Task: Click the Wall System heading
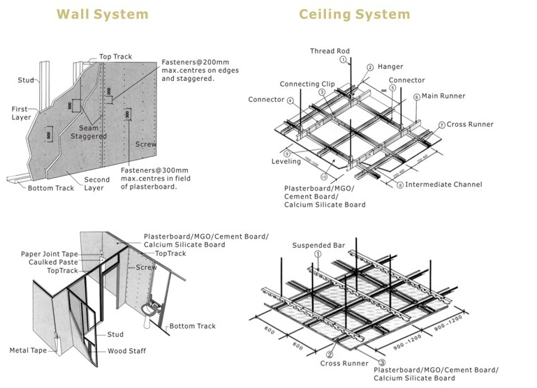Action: (102, 14)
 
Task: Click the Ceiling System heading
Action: (355, 14)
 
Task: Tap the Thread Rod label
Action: (330, 52)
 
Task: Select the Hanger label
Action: (390, 67)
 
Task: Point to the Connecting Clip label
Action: (307, 84)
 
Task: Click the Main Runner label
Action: (443, 96)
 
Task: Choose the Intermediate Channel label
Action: (443, 185)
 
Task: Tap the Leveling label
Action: (286, 162)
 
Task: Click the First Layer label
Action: (21, 113)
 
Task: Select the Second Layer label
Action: (97, 184)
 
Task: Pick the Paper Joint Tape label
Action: (50, 254)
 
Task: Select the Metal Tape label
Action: (28, 350)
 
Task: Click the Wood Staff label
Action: (127, 351)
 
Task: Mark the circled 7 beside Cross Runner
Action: (442, 124)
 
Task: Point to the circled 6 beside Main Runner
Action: (416, 96)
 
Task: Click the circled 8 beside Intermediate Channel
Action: (400, 185)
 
